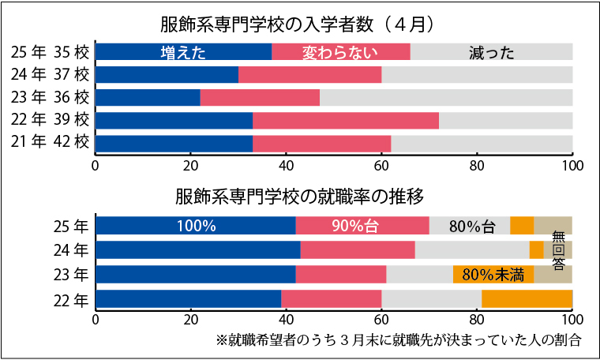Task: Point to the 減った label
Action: coord(491,53)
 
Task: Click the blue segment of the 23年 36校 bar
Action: coord(148,98)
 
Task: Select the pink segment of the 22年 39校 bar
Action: coord(346,121)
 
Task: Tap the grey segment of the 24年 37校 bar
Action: coord(477,75)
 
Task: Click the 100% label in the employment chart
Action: coord(196,226)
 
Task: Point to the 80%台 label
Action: coord(471,226)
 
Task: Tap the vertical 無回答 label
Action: coord(558,250)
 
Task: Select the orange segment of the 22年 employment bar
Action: coord(527,299)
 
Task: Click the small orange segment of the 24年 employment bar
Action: coord(536,250)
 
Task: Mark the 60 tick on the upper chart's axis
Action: coord(381,167)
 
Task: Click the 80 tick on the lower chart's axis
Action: coord(477,321)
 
